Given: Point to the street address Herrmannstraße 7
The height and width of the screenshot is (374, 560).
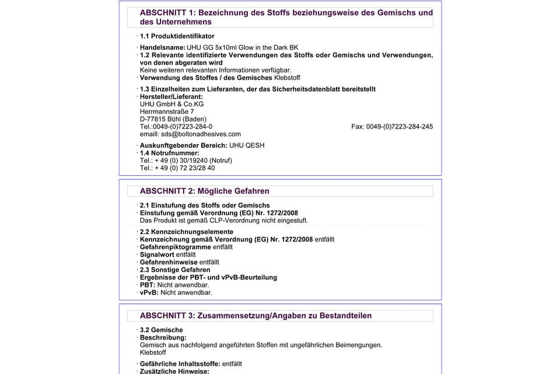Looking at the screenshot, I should point(167,111).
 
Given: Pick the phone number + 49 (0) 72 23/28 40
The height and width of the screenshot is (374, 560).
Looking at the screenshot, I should point(177,168).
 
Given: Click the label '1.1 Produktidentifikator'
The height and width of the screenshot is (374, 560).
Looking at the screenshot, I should point(177,36).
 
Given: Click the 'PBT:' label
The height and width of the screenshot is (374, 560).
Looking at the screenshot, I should point(148,285).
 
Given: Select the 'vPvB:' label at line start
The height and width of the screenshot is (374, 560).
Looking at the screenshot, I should point(149,292).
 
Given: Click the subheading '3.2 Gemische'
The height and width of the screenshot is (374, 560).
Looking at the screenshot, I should point(161,330).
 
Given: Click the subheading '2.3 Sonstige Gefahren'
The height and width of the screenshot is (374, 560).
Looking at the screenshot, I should point(175,269).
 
